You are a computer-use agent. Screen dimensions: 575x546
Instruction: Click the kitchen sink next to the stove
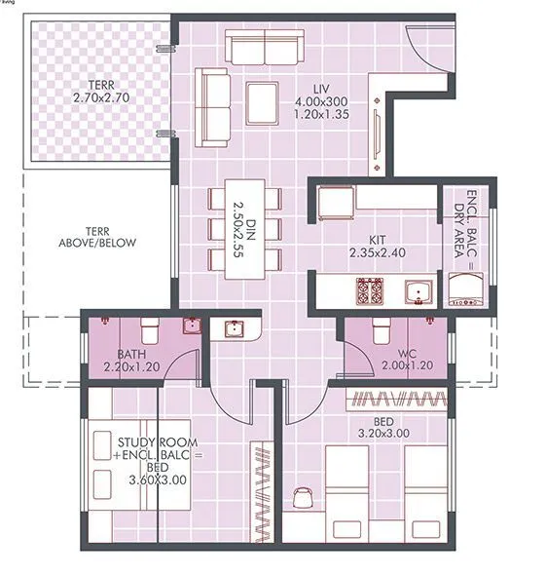419,290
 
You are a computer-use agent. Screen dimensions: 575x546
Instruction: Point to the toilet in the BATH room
150,327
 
